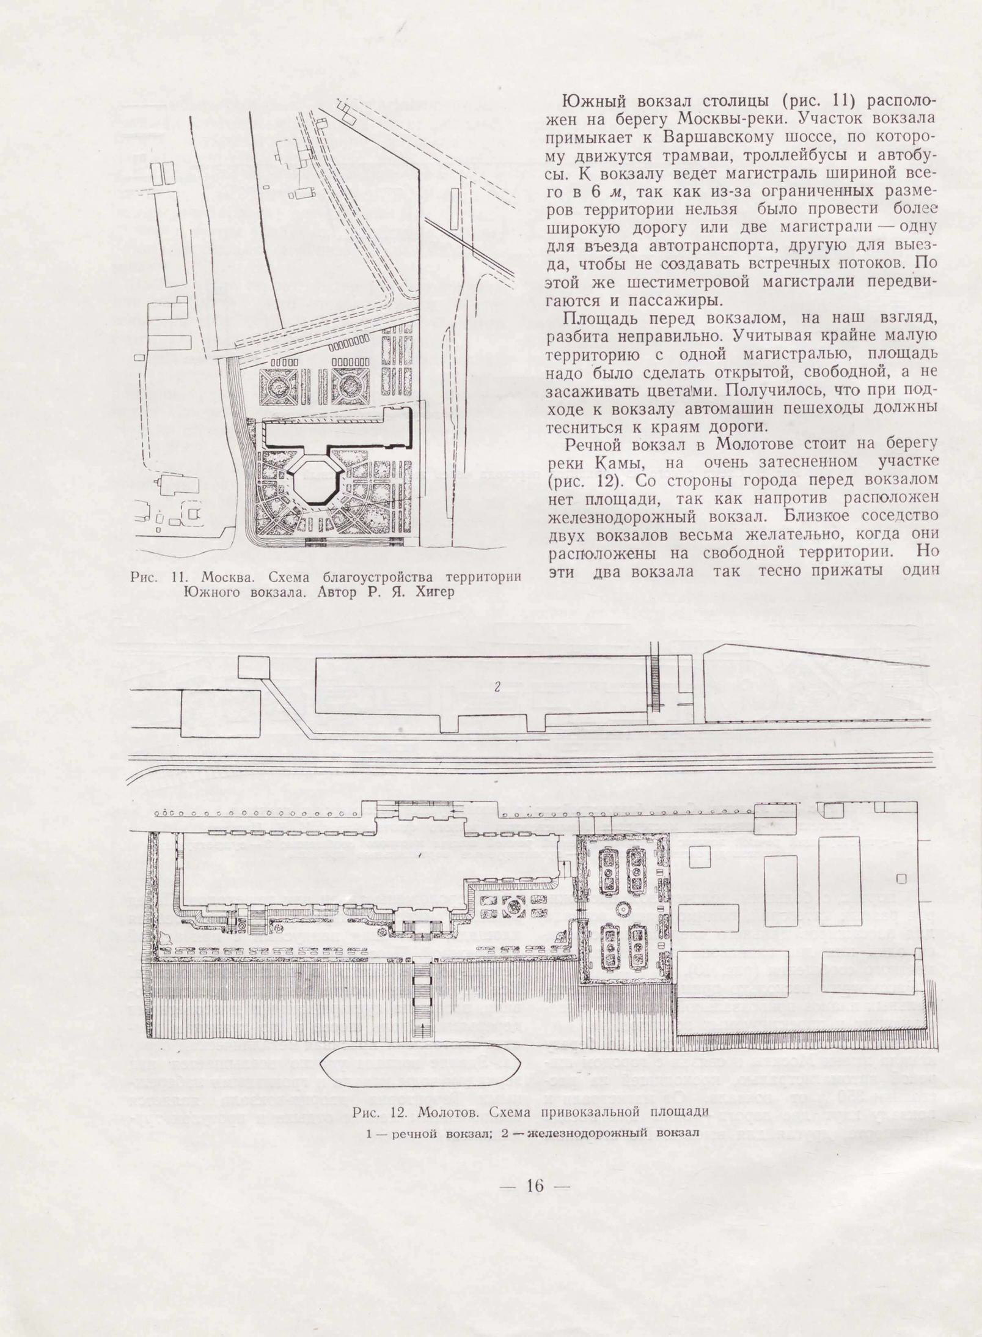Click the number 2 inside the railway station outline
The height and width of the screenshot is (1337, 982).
tap(497, 687)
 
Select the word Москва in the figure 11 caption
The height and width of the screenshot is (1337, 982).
tap(223, 577)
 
